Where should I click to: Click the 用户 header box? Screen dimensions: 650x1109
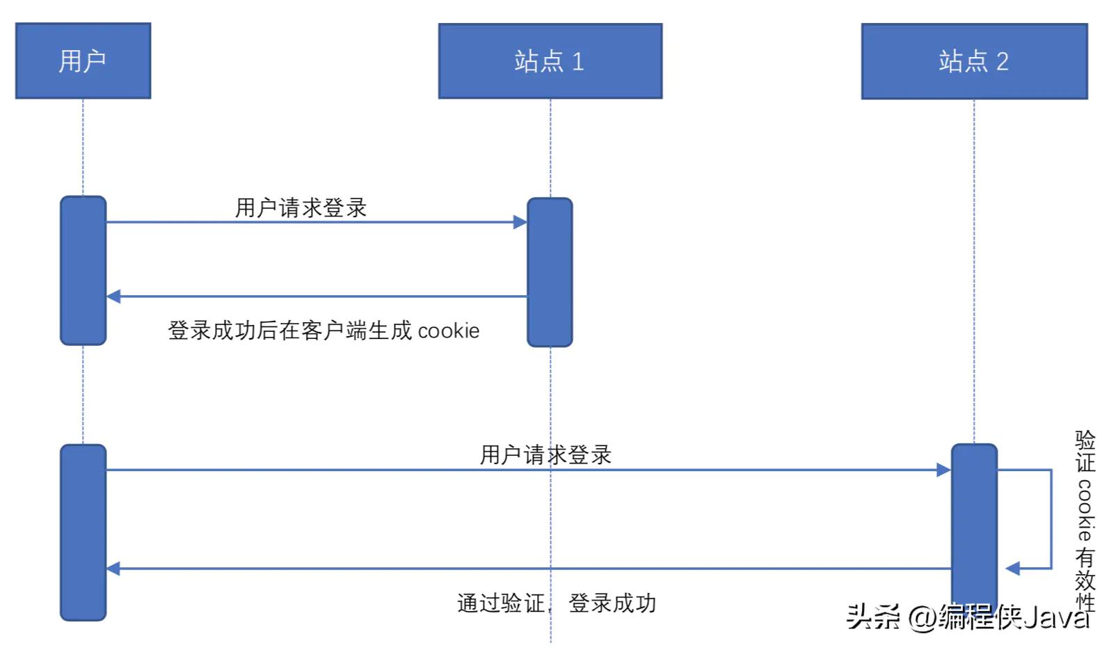[x=83, y=61]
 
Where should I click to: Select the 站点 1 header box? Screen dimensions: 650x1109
[x=550, y=61]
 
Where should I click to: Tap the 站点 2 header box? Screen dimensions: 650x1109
[x=974, y=61]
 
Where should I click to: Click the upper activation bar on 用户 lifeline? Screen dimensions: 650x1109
[x=83, y=270]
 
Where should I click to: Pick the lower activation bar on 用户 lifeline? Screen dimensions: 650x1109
[x=83, y=532]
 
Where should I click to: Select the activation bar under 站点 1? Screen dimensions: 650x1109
[x=550, y=272]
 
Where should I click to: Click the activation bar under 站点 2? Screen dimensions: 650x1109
[x=974, y=525]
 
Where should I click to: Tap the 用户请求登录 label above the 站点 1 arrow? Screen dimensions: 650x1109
[x=301, y=207]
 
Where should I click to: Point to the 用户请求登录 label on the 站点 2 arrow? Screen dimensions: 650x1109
[x=545, y=454]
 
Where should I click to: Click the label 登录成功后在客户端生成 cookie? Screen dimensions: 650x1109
[x=324, y=331]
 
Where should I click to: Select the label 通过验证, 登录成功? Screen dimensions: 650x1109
[x=557, y=603]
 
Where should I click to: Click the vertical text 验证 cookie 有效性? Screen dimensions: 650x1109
[x=1085, y=518]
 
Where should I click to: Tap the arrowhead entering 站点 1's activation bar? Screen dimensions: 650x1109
[x=520, y=222]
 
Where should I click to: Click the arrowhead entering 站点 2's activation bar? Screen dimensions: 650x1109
[x=944, y=470]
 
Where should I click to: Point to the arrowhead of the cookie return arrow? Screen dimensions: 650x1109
[x=113, y=296]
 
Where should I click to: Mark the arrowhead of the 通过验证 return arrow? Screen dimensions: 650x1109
[x=113, y=569]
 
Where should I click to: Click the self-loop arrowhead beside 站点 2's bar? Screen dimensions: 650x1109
[x=1012, y=569]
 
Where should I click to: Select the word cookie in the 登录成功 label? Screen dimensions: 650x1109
[x=449, y=331]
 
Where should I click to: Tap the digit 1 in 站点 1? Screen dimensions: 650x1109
[x=577, y=61]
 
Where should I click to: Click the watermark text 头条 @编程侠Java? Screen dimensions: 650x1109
[x=967, y=617]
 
